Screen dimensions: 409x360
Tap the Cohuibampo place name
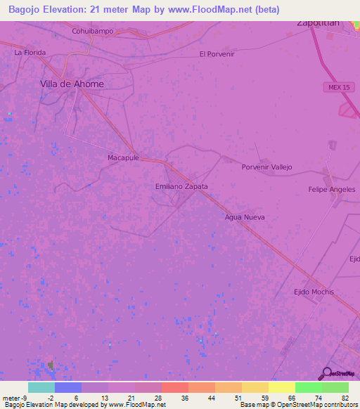[93, 32]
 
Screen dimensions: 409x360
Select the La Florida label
[30, 53]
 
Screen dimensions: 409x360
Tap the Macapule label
[124, 158]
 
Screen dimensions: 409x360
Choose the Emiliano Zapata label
[181, 187]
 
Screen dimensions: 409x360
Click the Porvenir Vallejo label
[266, 167]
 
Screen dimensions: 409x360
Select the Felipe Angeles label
[332, 190]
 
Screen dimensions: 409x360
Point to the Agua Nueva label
[245, 217]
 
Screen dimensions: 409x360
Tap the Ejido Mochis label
[314, 292]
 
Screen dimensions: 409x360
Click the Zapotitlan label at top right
[319, 22]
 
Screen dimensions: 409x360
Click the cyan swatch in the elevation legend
[41, 387]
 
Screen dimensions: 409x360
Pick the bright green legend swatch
[308, 387]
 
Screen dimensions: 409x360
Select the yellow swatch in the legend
[255, 387]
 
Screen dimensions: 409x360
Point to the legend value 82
[345, 398]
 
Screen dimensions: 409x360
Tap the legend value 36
[185, 398]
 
